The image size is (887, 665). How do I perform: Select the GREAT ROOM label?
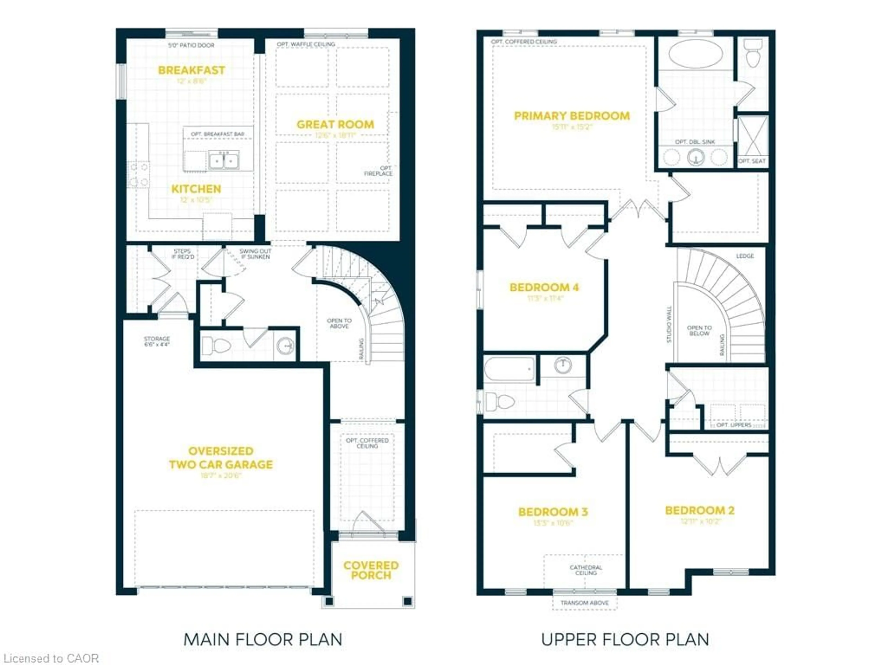335,125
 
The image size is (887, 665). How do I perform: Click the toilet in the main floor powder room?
216,345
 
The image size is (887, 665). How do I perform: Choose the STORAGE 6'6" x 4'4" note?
157,342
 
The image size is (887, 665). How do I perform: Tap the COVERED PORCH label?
371,570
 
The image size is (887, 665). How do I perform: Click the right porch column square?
407,601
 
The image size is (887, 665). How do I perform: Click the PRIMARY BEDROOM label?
572,116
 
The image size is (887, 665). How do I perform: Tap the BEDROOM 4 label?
544,287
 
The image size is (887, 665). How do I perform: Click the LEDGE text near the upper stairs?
745,256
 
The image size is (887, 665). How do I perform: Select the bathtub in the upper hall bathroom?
509,369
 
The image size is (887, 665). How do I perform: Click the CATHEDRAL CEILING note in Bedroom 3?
586,570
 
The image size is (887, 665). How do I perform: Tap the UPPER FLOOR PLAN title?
625,639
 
